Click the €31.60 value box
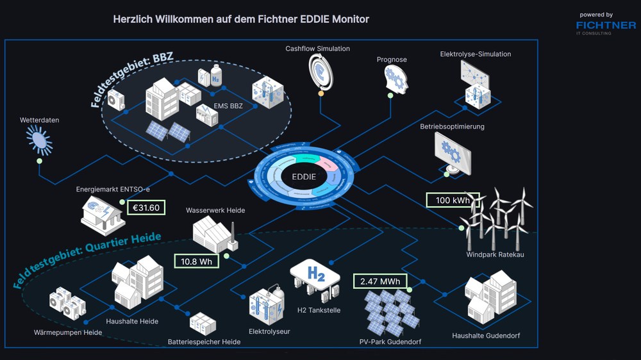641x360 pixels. pyautogui.click(x=146, y=208)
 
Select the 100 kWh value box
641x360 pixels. pyautogui.click(x=453, y=200)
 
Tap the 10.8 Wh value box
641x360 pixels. pyautogui.click(x=197, y=261)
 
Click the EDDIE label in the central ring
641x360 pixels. pyautogui.click(x=303, y=176)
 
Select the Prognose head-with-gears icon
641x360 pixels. pyautogui.click(x=392, y=79)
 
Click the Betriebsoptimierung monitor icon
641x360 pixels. pyautogui.click(x=453, y=152)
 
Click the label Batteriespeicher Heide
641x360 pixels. pyautogui.click(x=204, y=342)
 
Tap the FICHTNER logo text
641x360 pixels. pyautogui.click(x=606, y=25)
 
